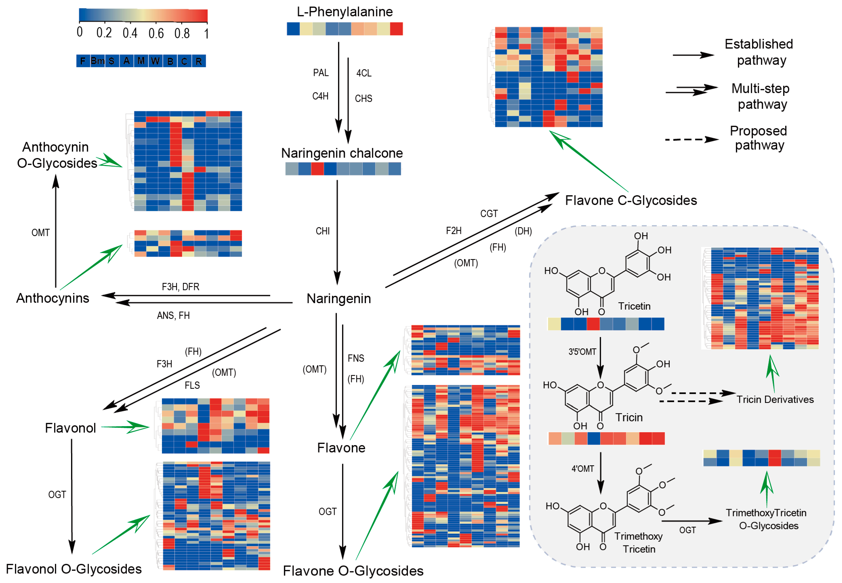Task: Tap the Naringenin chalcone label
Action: (342, 153)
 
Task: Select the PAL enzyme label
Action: (321, 73)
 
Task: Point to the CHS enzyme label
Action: (363, 99)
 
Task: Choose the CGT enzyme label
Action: (489, 214)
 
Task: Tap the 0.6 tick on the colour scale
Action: (156, 34)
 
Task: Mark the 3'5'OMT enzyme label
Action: (582, 352)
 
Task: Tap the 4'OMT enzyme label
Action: (583, 469)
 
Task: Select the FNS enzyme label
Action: (356, 358)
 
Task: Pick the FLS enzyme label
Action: (192, 385)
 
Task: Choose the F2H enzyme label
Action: (454, 231)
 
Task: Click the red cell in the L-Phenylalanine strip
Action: (396, 29)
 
